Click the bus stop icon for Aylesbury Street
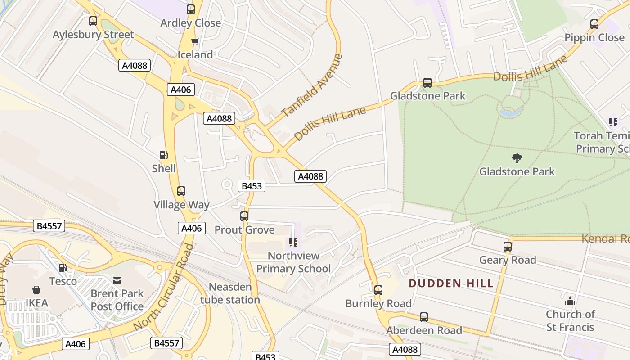pos(93,21)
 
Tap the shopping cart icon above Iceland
pos(195,42)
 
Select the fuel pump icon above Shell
pos(164,155)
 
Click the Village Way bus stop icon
pos(181,191)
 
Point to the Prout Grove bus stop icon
pos(244,216)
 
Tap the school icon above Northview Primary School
pos(293,243)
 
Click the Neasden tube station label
pos(230,293)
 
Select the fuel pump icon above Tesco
pos(63,268)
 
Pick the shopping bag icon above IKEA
pos(36,290)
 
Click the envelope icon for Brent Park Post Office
pos(117,281)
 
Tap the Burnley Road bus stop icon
pos(378,290)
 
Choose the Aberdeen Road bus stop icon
pos(424,317)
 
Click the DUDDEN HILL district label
pos(451,283)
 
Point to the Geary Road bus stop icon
pos(508,247)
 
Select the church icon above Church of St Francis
pos(570,301)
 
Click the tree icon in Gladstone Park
pos(517,158)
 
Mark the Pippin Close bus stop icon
pos(594,24)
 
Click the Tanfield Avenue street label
pos(312,85)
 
